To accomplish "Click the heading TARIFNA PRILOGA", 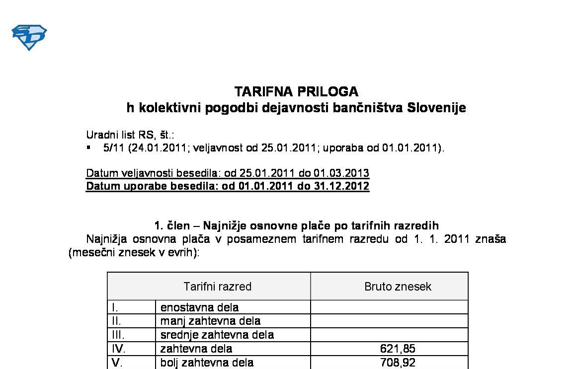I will (296, 91).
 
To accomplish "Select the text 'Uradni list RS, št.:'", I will (130, 135).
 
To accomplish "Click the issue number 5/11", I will (112, 148).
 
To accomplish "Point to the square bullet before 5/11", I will (88, 148).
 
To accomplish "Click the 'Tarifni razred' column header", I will (217, 287).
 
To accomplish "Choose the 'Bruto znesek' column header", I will (398, 287).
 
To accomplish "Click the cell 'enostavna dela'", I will (199, 307).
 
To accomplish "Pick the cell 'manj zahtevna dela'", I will (210, 321).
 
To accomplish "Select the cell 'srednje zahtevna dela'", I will (217, 335).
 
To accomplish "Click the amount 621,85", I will (398, 349).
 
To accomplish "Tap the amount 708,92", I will (398, 363).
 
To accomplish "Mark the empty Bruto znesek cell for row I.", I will (389, 307).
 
